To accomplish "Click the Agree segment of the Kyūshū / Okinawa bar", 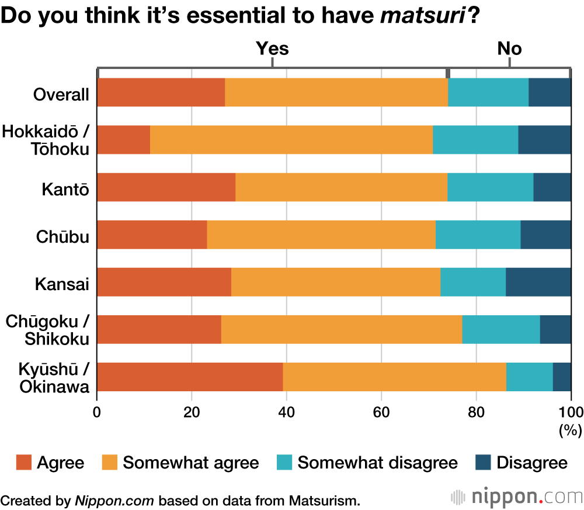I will [190, 377].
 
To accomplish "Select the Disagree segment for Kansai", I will [538, 282].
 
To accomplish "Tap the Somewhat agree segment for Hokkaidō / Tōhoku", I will [291, 140].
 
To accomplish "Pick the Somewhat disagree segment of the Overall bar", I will [488, 92].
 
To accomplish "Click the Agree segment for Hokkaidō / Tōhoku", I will [124, 140].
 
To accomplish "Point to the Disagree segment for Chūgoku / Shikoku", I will [555, 329].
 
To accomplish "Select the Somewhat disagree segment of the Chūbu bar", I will [478, 235].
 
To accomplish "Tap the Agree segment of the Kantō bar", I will [166, 187].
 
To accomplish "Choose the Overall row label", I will [61, 95].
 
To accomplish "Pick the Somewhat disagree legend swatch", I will [284, 463].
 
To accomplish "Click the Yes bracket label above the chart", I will [272, 49].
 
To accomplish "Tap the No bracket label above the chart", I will [509, 49].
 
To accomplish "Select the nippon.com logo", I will [517, 498].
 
